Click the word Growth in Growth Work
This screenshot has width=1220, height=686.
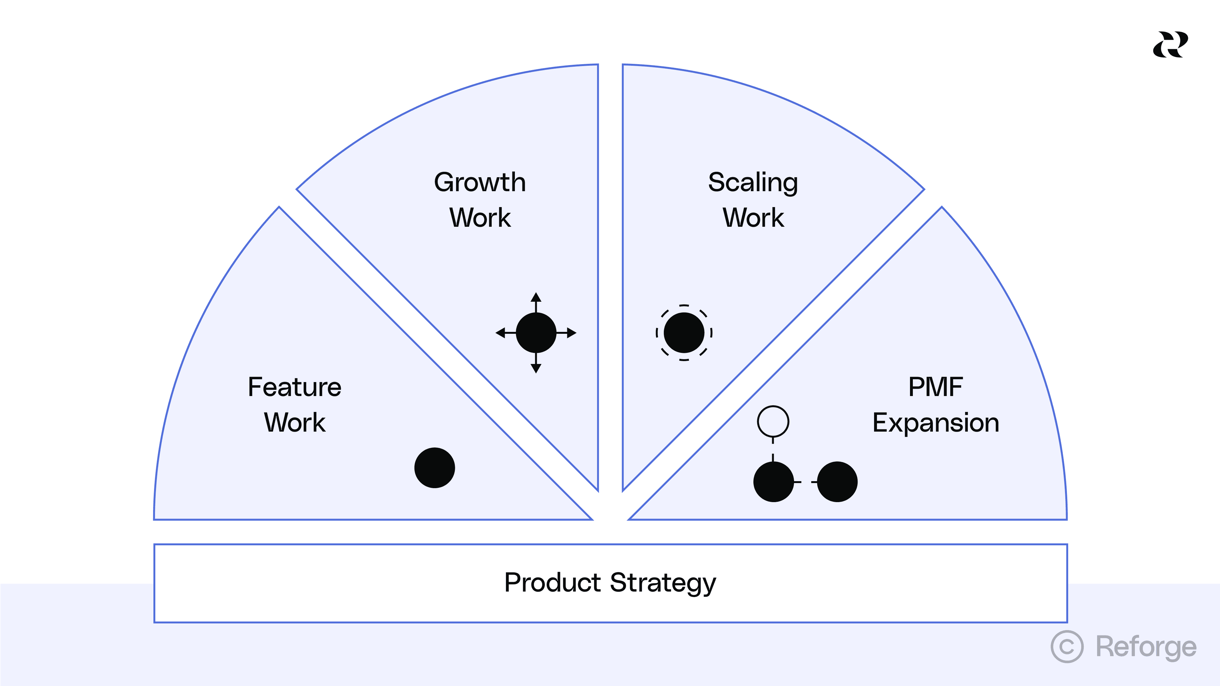point(480,182)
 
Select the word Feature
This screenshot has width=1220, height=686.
point(294,387)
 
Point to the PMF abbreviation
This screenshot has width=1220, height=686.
point(935,387)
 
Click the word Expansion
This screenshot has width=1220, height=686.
point(935,422)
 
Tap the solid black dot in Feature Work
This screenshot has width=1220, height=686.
point(434,468)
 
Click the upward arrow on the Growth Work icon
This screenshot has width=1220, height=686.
point(536,298)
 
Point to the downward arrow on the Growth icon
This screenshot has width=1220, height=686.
point(536,368)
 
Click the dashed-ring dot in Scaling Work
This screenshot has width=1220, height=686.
point(684,333)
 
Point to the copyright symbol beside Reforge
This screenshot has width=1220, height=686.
point(1067,647)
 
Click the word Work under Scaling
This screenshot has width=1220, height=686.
point(753,218)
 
